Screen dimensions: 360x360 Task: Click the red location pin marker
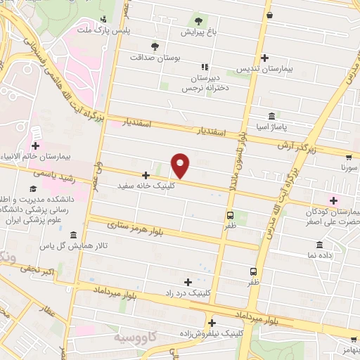[181, 165]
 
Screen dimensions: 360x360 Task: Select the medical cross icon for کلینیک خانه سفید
[146, 175]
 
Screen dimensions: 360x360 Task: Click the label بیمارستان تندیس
[264, 69]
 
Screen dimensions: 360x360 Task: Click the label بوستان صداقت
[153, 58]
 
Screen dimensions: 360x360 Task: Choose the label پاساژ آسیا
[272, 127]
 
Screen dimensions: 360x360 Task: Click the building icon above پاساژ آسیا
[271, 116]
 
